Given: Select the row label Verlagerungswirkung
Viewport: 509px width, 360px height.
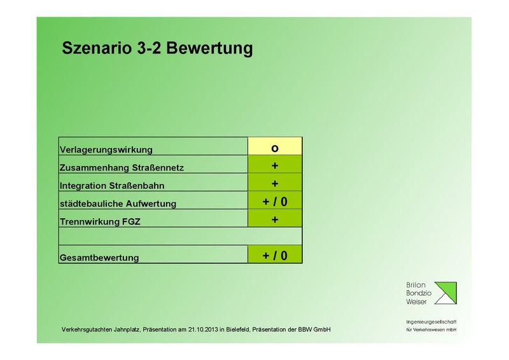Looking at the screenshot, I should pos(106,150).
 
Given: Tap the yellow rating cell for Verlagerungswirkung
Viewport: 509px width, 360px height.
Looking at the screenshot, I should pos(275,148).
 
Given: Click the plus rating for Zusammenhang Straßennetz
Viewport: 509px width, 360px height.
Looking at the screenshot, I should pos(275,165).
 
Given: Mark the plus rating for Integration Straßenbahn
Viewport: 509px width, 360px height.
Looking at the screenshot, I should pos(275,183).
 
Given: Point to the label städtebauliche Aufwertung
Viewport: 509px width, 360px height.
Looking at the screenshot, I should pos(117,204).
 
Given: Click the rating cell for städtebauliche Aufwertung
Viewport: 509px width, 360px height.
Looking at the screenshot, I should pos(275,202).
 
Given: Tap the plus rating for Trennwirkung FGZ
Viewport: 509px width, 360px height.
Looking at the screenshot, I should pos(275,219).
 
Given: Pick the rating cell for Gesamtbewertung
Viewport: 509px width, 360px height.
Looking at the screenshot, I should pos(275,255).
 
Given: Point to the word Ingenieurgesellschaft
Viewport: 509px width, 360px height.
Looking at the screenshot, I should pos(431,322).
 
